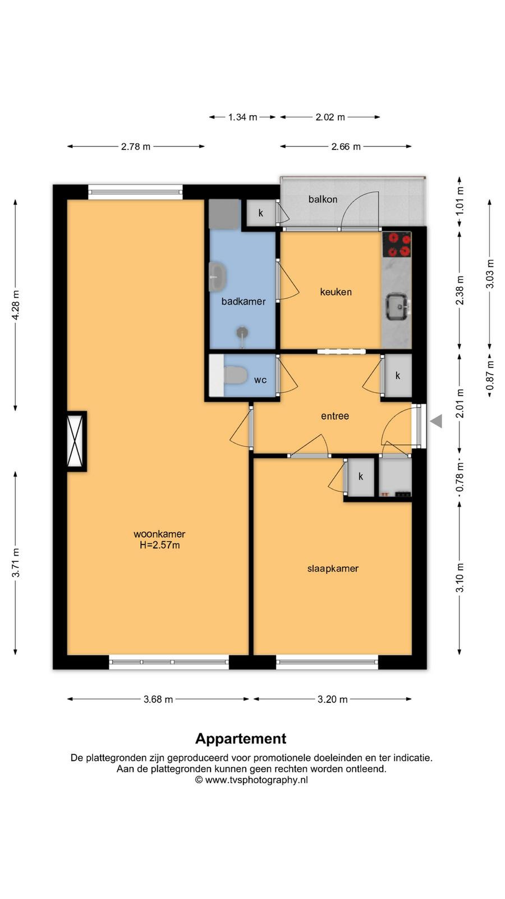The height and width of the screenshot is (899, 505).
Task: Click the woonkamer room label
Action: (x=159, y=534)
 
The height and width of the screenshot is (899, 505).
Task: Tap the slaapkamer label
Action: (x=333, y=569)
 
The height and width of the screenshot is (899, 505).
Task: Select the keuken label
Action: (x=336, y=292)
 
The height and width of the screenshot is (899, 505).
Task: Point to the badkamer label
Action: (x=244, y=301)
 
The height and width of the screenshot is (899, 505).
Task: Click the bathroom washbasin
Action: (x=218, y=277)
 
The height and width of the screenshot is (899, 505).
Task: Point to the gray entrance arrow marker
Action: (x=436, y=421)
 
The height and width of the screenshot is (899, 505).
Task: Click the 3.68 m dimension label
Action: (x=158, y=699)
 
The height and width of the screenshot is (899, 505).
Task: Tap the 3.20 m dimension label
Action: (x=333, y=699)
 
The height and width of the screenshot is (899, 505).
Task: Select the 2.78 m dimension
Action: (x=136, y=147)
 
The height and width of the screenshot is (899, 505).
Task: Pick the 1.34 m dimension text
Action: (x=242, y=117)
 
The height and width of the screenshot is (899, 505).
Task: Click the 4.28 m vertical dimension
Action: (x=16, y=305)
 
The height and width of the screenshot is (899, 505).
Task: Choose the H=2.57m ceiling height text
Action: (x=159, y=545)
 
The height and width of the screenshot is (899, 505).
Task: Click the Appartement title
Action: (x=241, y=738)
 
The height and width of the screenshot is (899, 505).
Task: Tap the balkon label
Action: (x=323, y=199)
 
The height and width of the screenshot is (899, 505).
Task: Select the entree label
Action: (x=335, y=416)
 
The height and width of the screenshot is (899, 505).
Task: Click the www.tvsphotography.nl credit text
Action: (x=256, y=780)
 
